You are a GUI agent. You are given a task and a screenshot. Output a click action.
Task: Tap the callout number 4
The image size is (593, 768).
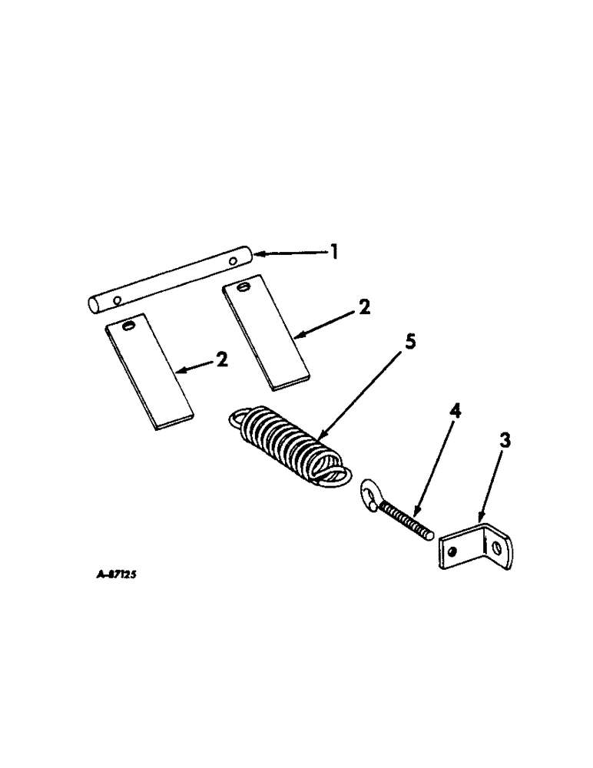coord(455,412)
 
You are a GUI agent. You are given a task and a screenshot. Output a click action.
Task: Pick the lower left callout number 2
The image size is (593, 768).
coord(222,359)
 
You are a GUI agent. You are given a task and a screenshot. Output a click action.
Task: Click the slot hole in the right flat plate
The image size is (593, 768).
coord(243,287)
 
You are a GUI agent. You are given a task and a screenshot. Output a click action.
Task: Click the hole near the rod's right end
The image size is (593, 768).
coord(231,262)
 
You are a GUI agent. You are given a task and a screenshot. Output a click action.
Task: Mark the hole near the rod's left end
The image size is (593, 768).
coord(117,299)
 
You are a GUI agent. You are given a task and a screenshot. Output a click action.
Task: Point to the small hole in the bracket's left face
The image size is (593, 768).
coord(456,551)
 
